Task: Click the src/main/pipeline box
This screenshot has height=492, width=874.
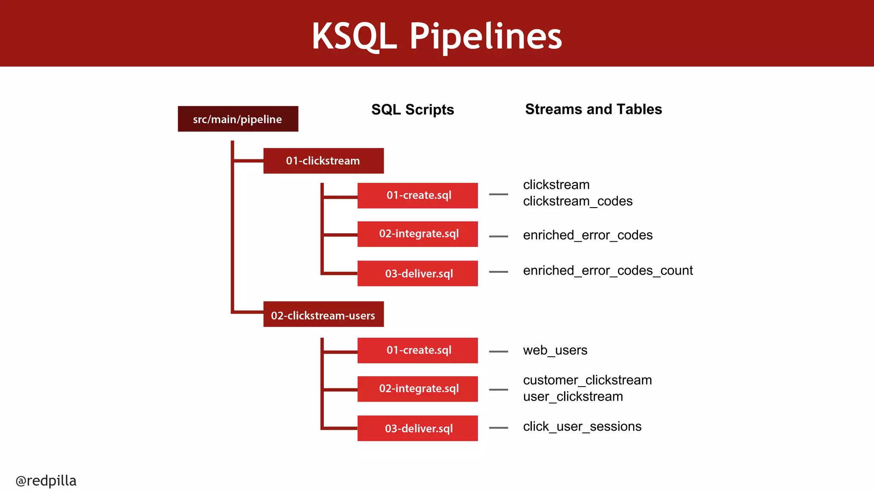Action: (x=238, y=119)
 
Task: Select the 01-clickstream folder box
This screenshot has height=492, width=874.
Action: (x=323, y=161)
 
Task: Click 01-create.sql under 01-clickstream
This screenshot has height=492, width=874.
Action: (x=417, y=196)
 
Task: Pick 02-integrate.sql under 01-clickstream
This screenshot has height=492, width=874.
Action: (x=417, y=234)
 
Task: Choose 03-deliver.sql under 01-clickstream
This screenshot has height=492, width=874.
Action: (x=417, y=273)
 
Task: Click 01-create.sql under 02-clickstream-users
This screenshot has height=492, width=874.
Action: (x=417, y=350)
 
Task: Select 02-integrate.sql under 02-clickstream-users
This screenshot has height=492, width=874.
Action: (x=417, y=389)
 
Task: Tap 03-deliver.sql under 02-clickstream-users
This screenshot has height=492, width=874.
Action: (x=417, y=428)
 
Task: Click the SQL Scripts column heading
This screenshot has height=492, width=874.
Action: (x=412, y=110)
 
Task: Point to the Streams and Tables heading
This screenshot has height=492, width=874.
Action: (x=593, y=109)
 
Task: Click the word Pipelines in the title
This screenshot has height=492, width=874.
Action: (x=486, y=37)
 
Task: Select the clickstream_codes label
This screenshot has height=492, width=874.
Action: (x=577, y=201)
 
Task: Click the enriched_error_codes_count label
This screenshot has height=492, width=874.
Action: (x=608, y=270)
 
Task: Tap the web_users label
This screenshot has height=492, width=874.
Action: (x=555, y=350)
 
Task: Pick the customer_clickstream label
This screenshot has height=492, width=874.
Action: (x=587, y=380)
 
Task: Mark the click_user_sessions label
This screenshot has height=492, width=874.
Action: (x=582, y=426)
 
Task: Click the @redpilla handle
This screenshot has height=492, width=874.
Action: (x=46, y=480)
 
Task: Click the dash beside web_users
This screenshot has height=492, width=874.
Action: (x=498, y=351)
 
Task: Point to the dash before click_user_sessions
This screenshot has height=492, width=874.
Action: (x=498, y=428)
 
